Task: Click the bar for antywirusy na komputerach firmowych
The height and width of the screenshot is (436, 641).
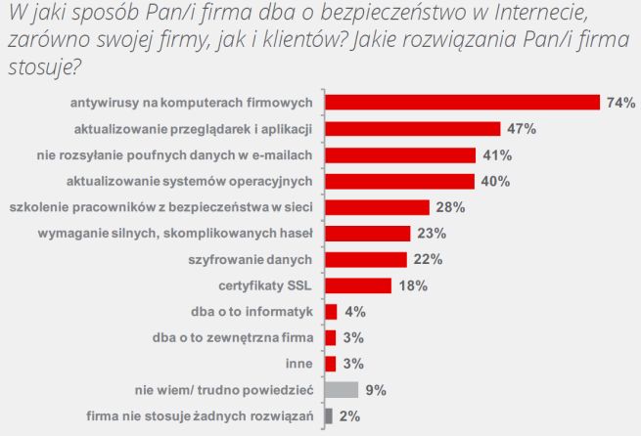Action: point(461,102)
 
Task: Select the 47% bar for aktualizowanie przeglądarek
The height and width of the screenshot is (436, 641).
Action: point(412,128)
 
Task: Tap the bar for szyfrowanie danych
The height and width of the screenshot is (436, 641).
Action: point(365,259)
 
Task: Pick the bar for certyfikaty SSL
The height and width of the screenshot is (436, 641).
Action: point(357,285)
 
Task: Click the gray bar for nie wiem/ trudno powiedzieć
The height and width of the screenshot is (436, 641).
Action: point(341,390)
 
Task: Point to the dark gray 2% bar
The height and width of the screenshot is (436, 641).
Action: point(328,416)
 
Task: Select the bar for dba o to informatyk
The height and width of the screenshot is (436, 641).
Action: point(330,312)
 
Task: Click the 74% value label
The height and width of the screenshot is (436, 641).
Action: point(621,102)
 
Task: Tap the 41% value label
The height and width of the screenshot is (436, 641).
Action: point(497,154)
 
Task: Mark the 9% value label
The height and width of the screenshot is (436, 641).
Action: point(376,390)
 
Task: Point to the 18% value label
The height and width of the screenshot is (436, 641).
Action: point(411,285)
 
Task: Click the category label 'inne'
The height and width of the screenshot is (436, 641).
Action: point(298,364)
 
